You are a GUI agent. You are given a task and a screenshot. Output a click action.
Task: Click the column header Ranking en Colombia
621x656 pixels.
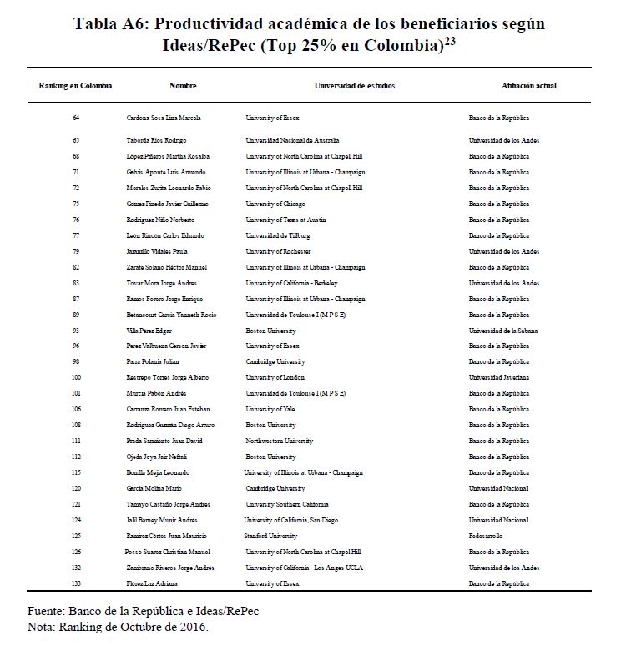click(75, 86)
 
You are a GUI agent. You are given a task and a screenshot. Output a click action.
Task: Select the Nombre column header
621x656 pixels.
click(183, 86)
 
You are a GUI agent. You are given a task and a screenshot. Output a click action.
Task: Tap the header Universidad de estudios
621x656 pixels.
click(355, 86)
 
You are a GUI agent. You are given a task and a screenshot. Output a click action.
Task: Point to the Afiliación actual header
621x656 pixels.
click(528, 86)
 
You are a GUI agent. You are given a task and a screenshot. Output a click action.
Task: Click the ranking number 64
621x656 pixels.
click(76, 118)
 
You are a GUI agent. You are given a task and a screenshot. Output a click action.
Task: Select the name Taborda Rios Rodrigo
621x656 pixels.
click(156, 140)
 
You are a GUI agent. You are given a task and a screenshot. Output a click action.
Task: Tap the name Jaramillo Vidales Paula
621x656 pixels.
click(157, 251)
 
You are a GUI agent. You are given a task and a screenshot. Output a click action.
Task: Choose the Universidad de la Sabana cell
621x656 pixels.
click(503, 330)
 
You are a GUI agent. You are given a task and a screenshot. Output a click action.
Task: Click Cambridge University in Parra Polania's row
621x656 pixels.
click(275, 361)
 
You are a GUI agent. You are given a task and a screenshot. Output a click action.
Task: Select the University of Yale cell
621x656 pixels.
click(271, 409)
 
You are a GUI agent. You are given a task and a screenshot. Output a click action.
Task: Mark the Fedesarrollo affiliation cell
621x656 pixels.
click(486, 536)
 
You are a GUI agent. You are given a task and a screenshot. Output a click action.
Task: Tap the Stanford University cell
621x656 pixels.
click(271, 536)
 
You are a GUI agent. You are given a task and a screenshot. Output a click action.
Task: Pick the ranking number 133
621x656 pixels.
click(76, 583)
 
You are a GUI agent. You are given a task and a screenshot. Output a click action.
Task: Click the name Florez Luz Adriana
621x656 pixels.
click(152, 583)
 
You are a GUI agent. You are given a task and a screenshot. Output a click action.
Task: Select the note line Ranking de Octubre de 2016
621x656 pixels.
click(118, 627)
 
